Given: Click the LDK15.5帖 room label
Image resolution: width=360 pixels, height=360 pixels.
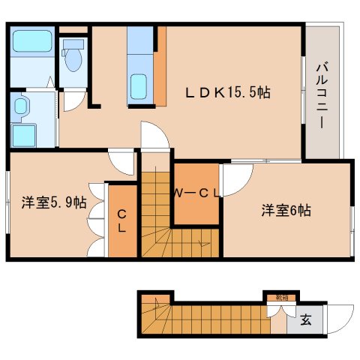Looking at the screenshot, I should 228,92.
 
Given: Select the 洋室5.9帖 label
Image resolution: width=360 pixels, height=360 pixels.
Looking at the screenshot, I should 53,202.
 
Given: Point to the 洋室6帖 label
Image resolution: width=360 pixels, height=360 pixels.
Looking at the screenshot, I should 286,210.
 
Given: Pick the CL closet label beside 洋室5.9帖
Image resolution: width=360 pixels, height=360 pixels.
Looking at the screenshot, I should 121,220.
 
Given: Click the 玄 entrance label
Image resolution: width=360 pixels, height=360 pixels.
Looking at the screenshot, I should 306,320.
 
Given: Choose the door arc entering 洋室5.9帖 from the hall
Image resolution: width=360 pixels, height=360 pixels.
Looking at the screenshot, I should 120,160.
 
